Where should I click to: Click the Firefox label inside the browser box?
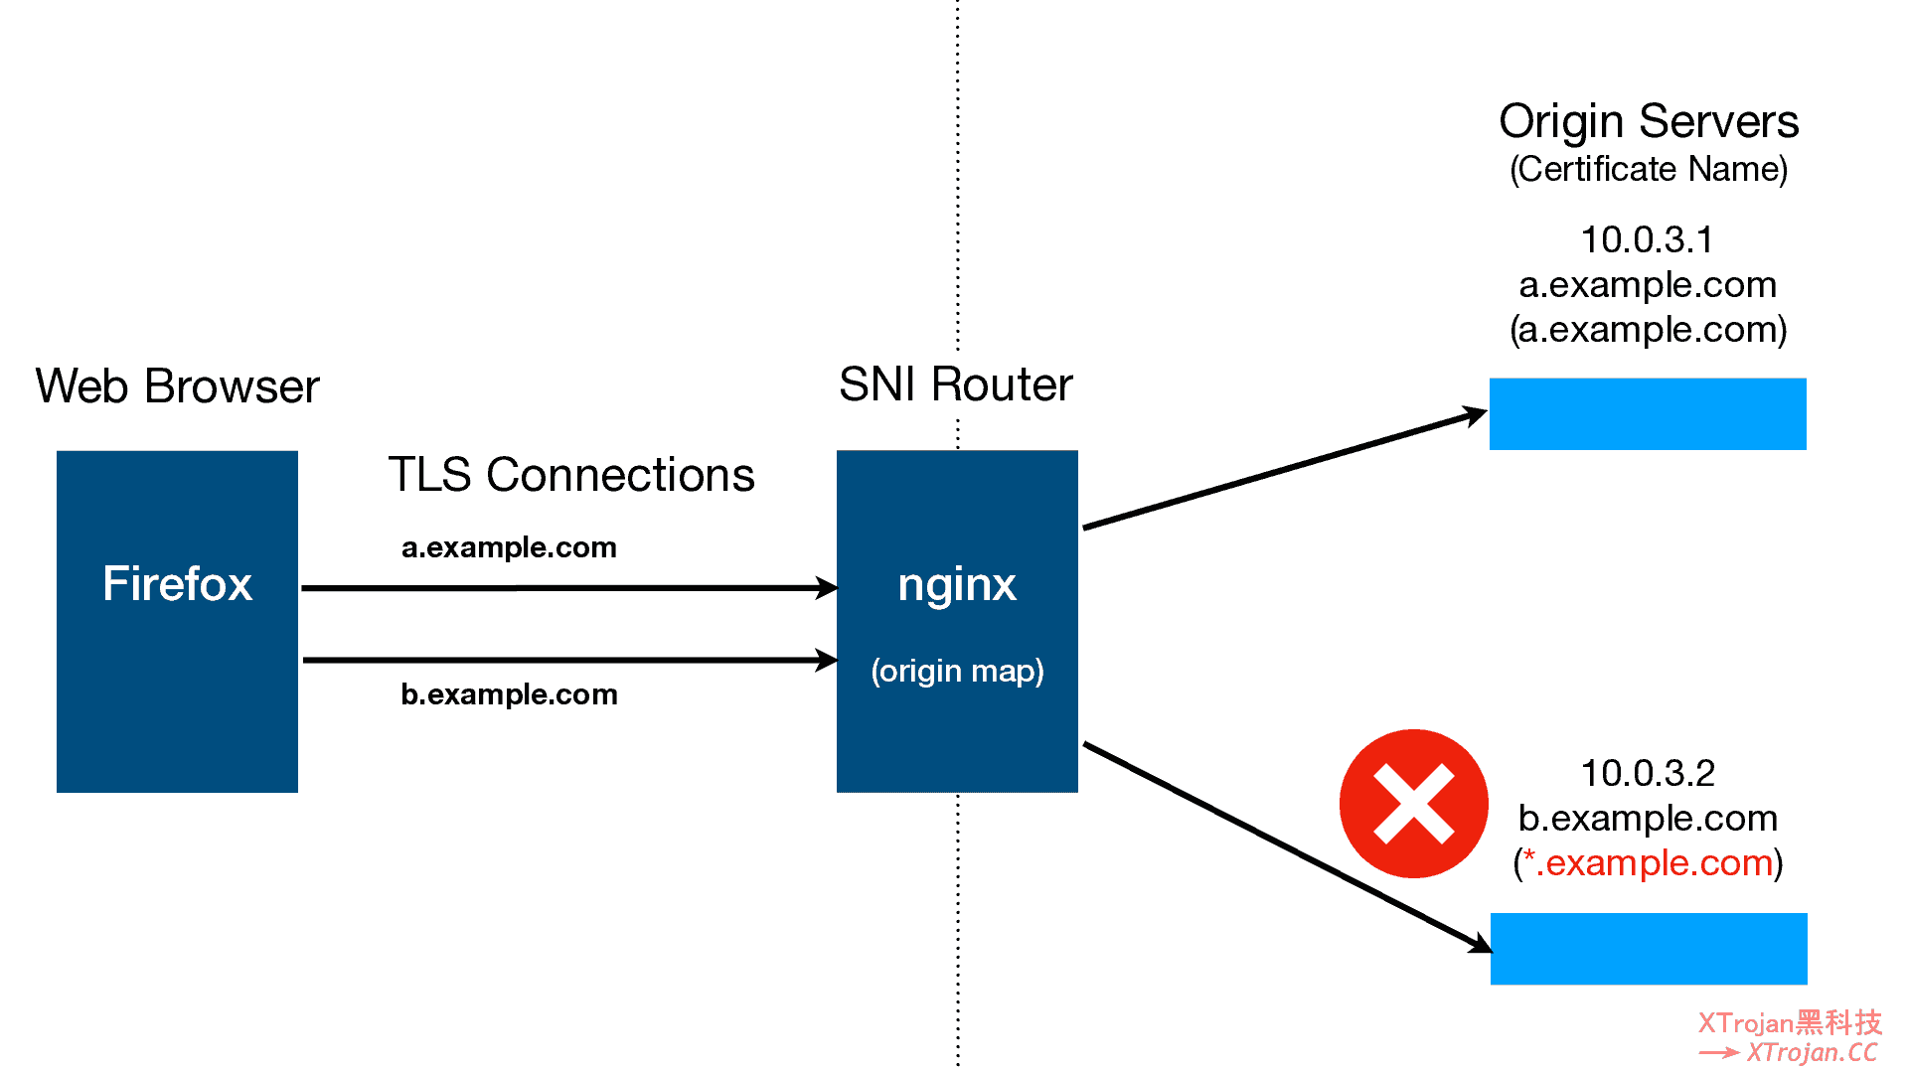click(x=177, y=583)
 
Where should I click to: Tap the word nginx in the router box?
click(x=956, y=584)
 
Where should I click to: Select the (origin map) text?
click(x=957, y=671)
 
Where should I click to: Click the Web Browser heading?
click(x=177, y=386)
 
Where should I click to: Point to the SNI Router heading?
click(x=955, y=384)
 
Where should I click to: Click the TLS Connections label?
click(x=571, y=475)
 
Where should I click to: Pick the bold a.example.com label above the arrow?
click(x=509, y=547)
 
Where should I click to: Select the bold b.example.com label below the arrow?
click(x=509, y=694)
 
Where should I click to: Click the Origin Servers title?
click(x=1649, y=122)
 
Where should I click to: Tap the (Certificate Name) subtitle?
click(x=1649, y=170)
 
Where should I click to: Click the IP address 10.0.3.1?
click(x=1647, y=239)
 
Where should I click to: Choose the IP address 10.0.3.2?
click(x=1648, y=773)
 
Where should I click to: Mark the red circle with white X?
click(x=1413, y=804)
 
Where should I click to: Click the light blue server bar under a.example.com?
click(x=1647, y=414)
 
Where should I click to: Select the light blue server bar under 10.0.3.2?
click(x=1648, y=949)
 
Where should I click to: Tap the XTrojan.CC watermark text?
click(x=1811, y=1052)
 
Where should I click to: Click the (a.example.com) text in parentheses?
click(x=1648, y=330)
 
